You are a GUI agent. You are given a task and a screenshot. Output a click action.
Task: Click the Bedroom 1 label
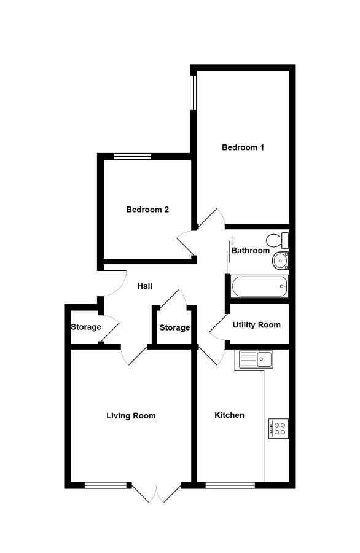(x=243, y=147)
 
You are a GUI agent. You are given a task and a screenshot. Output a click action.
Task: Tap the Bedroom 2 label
(x=147, y=210)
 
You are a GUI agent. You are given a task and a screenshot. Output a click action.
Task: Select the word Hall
(x=144, y=286)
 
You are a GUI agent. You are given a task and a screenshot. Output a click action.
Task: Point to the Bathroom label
(x=251, y=251)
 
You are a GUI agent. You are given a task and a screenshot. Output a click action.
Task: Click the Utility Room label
(x=256, y=325)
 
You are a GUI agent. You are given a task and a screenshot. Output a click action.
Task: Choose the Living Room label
(x=131, y=416)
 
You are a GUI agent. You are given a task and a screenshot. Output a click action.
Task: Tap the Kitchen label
(x=229, y=415)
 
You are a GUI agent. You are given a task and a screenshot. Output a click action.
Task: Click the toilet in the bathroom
(x=278, y=240)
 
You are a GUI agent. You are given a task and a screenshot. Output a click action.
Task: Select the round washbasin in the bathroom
(x=281, y=261)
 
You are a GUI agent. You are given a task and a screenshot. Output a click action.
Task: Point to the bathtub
(x=260, y=286)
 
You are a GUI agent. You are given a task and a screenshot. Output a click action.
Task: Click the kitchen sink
(x=256, y=359)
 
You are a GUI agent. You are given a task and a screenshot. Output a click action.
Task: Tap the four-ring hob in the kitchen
(x=278, y=428)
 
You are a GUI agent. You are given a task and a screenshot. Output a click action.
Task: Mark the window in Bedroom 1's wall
(x=193, y=92)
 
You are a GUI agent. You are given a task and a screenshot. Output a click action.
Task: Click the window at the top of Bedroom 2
(x=133, y=156)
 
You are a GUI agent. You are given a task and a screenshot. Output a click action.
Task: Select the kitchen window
(x=230, y=485)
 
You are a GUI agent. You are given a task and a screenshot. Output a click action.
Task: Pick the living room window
(x=106, y=485)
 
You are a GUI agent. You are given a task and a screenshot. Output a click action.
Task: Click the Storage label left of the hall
(x=85, y=327)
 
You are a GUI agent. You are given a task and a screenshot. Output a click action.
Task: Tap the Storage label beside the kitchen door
(x=174, y=328)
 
